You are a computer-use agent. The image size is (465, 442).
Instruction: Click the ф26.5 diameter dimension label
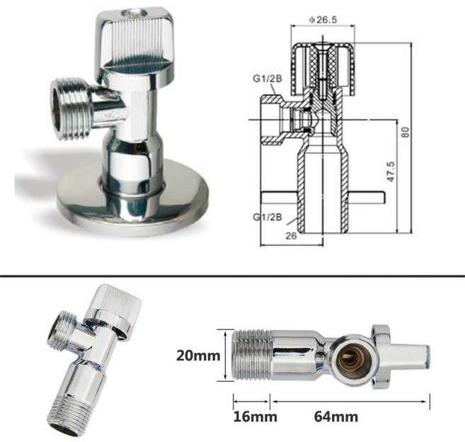(x=323, y=20)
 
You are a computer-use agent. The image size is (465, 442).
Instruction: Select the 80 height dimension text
(x=405, y=132)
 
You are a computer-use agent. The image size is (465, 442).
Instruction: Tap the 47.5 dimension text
(x=390, y=171)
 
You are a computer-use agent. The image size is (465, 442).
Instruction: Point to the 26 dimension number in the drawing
(x=291, y=236)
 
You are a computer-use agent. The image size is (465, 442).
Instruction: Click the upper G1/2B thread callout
(x=268, y=79)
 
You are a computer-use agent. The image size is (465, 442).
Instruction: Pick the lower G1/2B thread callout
(x=268, y=217)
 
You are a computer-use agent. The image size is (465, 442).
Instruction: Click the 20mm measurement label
(x=198, y=356)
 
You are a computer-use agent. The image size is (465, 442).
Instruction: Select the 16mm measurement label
(x=255, y=416)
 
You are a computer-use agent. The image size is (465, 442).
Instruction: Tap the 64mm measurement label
(x=336, y=416)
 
